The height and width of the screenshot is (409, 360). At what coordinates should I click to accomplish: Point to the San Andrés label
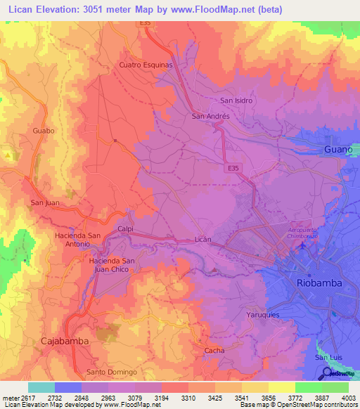point(209,116)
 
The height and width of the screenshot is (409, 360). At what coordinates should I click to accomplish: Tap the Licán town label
point(202,240)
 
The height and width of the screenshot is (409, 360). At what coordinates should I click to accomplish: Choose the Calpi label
point(126,228)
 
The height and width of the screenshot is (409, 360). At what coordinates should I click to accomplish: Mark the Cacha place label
point(214,350)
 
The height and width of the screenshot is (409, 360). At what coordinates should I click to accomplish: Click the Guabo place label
point(44,131)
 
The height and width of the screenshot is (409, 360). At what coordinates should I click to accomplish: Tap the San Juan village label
point(44,203)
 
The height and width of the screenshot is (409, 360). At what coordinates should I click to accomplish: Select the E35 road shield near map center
point(235,169)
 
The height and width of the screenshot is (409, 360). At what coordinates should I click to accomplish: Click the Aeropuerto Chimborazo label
point(309,232)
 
